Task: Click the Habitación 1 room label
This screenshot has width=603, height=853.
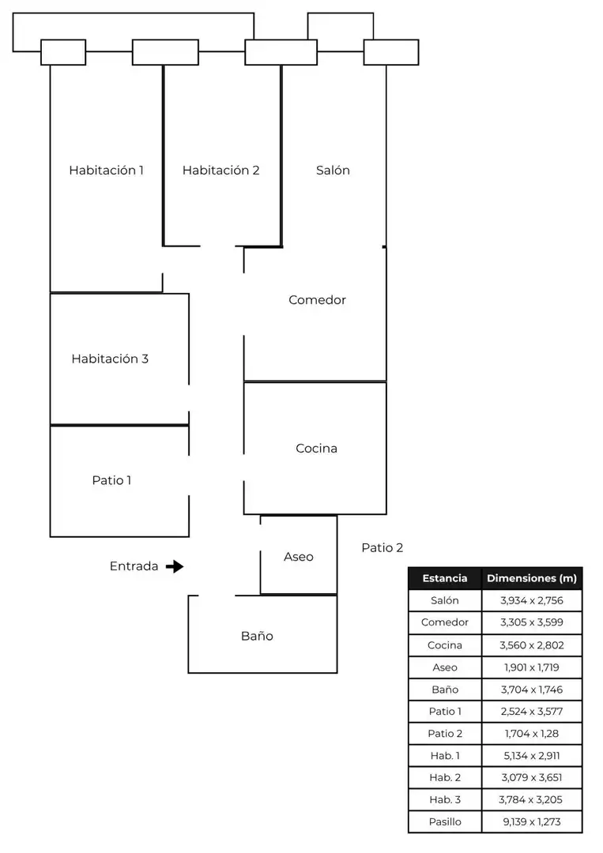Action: click(106, 171)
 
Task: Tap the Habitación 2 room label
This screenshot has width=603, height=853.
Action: click(221, 171)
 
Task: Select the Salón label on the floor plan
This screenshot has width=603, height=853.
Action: click(333, 171)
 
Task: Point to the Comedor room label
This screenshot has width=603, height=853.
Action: click(317, 300)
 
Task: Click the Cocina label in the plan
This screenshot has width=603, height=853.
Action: click(316, 449)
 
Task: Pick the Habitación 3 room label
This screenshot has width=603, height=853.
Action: click(110, 359)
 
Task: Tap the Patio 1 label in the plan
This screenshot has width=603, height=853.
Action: click(111, 480)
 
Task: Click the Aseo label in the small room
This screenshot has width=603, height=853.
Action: click(298, 557)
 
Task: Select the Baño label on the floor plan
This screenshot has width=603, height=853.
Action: click(257, 636)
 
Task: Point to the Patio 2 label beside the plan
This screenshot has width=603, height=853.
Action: click(382, 548)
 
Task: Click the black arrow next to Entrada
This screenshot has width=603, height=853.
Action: click(175, 566)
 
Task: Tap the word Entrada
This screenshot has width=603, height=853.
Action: click(134, 566)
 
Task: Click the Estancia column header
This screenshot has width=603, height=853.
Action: click(445, 578)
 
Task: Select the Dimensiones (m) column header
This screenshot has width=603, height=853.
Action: click(532, 578)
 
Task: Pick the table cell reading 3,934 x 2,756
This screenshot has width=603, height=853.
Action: click(532, 600)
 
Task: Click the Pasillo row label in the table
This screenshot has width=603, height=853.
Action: click(445, 821)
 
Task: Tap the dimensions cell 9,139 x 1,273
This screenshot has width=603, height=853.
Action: click(532, 821)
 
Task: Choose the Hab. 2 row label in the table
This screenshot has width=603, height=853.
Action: click(445, 777)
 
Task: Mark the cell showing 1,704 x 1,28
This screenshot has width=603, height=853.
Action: click(532, 733)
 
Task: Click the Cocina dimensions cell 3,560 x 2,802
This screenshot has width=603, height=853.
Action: click(532, 645)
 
